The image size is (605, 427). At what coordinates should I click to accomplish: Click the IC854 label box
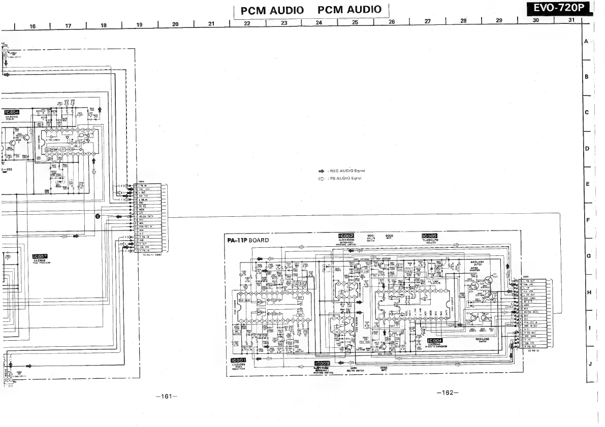11,112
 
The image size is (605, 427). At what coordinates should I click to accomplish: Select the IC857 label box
40,256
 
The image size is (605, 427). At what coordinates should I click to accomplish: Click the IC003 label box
322,363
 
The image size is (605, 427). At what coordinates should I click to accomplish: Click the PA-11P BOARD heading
248,240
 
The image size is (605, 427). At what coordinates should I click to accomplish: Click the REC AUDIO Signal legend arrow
321,171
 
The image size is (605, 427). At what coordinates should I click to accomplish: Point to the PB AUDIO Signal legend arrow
321,178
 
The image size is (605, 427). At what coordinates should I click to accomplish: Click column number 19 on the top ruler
139,24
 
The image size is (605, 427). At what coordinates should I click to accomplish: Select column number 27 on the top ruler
427,21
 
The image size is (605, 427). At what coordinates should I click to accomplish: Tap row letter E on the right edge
587,184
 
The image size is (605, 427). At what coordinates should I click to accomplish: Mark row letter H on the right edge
588,292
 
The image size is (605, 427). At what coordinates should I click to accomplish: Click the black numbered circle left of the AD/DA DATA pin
98,216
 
